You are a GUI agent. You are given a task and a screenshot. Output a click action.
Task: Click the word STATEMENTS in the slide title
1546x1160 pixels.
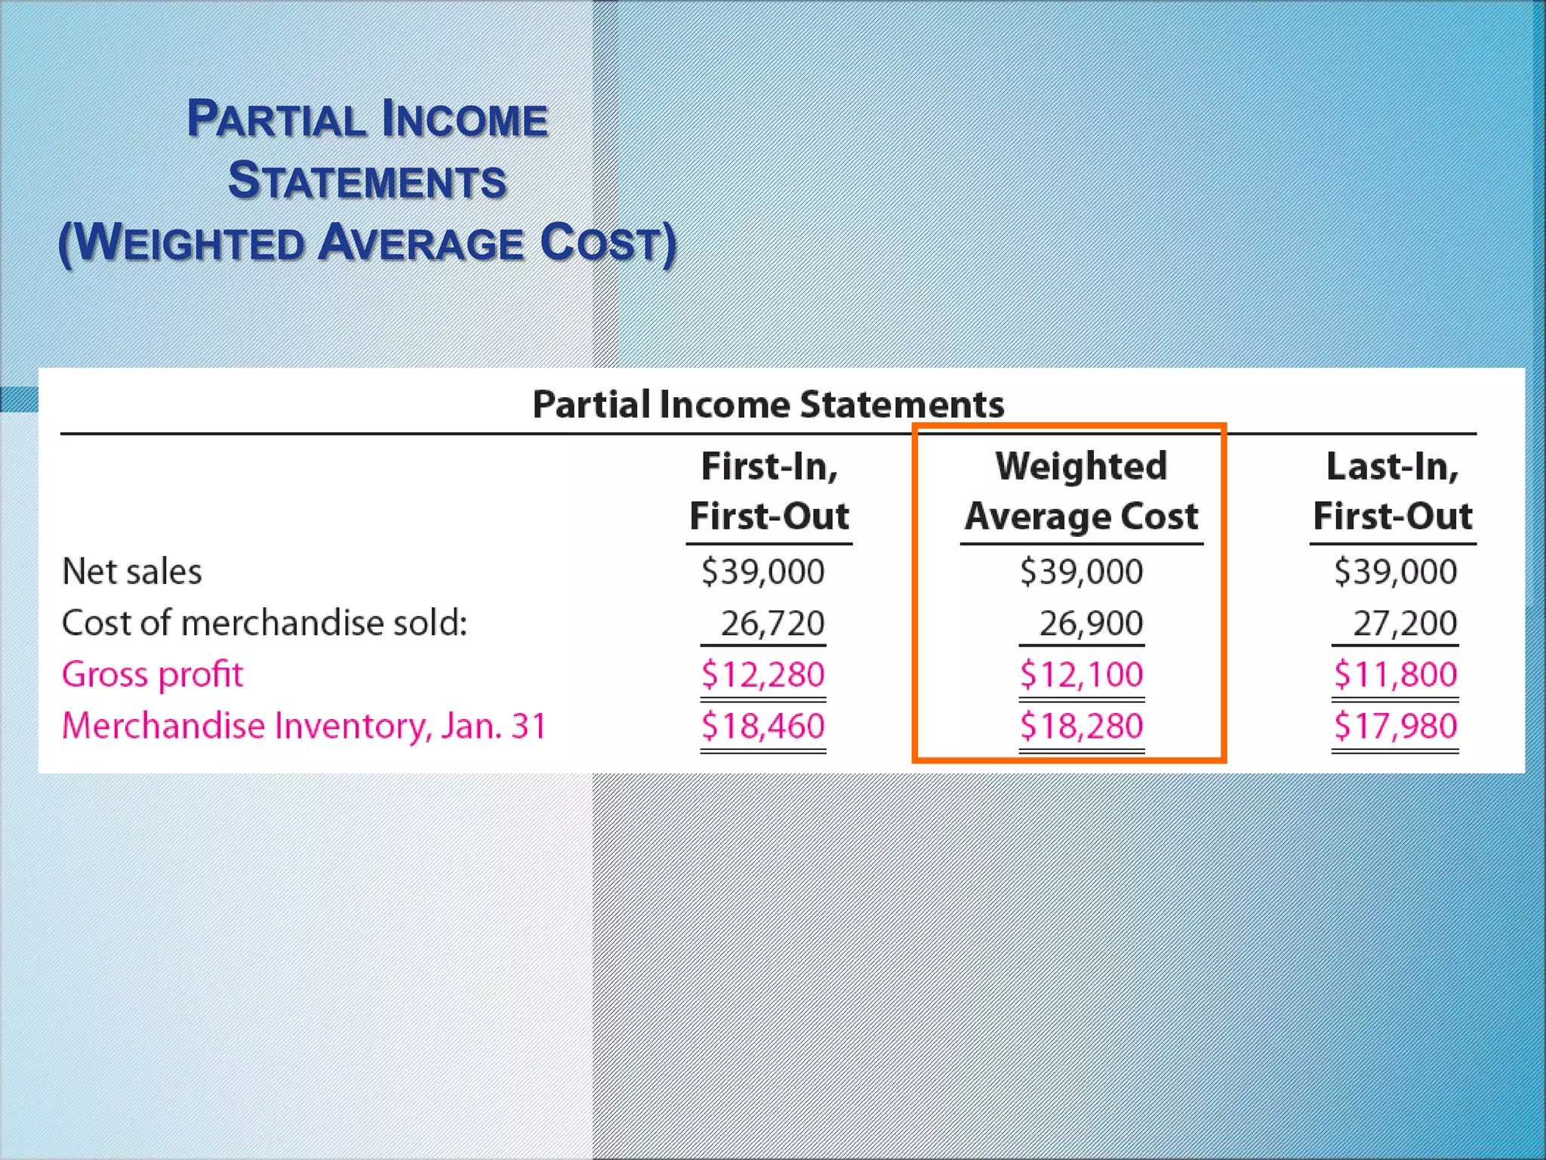coord(367,181)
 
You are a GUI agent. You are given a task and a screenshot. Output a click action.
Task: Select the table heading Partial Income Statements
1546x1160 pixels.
coord(768,404)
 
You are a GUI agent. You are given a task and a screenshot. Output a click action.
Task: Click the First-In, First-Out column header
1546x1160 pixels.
coord(769,491)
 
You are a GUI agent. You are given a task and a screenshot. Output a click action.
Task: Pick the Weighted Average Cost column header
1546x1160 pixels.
coord(1081,491)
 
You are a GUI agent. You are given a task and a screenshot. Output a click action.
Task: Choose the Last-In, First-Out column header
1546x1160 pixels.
coord(1393,491)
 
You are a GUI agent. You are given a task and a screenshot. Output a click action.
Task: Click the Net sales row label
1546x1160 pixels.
coord(132,572)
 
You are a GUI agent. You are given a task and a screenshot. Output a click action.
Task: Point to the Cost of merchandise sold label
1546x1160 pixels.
coord(264,623)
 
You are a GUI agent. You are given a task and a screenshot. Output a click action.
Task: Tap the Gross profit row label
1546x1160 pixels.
coord(152,674)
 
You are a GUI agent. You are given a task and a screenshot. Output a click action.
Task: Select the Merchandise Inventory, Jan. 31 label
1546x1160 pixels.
coord(303,726)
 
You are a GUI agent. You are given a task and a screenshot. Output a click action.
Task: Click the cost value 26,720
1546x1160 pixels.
coord(772,623)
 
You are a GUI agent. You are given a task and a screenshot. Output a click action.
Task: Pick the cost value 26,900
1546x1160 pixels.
coord(1091,623)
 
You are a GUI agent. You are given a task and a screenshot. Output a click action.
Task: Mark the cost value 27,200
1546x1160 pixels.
coord(1404,623)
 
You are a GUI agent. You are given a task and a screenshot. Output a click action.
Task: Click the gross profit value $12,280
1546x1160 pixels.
coord(762,674)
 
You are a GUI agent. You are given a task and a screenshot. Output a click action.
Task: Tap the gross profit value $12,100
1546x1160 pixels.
coord(1081,674)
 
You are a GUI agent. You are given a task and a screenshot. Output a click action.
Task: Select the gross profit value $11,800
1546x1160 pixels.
coord(1395,674)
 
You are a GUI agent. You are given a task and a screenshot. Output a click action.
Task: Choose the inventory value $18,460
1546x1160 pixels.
coord(762,726)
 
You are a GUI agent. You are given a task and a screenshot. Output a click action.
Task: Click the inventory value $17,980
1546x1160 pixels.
coord(1395,726)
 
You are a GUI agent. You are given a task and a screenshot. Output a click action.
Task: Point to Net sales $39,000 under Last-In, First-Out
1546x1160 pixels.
coord(1395,572)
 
